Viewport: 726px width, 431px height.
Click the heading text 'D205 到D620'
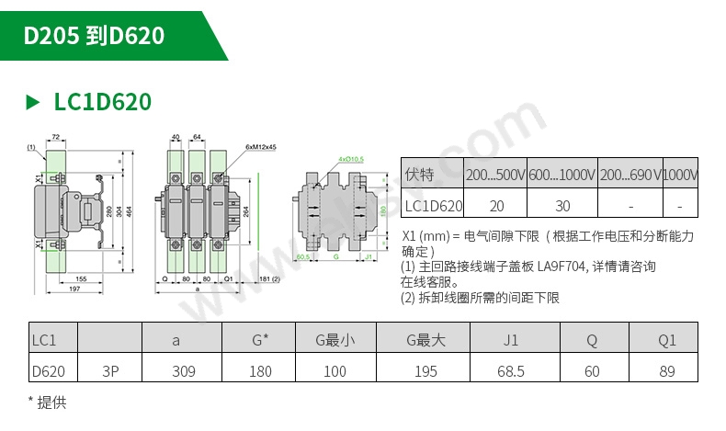(94, 36)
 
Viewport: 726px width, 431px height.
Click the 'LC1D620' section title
(102, 101)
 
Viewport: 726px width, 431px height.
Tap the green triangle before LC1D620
(33, 101)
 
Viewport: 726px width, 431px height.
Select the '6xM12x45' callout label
(261, 147)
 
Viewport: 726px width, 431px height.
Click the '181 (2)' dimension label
(269, 278)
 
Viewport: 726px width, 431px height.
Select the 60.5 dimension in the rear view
(302, 257)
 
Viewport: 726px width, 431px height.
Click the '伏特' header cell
(418, 175)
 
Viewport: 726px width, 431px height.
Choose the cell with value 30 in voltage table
(562, 206)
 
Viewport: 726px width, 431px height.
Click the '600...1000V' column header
(562, 175)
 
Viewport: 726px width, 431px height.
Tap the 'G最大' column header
(425, 340)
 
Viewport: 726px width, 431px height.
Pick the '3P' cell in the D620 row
(110, 371)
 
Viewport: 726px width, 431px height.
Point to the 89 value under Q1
(666, 371)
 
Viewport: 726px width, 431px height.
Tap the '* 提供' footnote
(47, 403)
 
